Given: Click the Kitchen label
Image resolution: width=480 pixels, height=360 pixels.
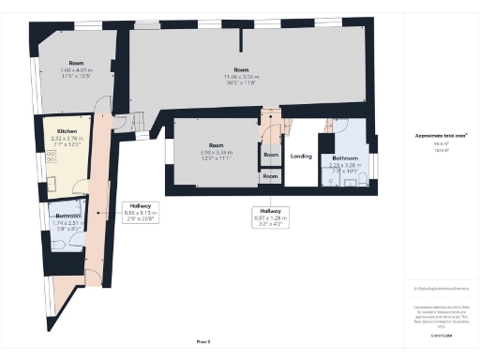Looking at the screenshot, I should [x=67, y=130].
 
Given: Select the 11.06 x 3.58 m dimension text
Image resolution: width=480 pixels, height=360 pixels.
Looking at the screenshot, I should [x=242, y=77].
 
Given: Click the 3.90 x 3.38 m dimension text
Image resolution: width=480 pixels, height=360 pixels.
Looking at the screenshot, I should [x=216, y=153].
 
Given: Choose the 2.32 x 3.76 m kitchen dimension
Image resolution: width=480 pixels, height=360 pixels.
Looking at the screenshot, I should [x=67, y=138].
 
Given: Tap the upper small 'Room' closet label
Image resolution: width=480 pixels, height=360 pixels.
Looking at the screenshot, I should [x=270, y=155].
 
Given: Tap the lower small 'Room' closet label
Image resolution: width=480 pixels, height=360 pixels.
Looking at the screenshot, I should [x=270, y=175].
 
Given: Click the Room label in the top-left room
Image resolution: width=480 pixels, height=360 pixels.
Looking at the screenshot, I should [x=77, y=63].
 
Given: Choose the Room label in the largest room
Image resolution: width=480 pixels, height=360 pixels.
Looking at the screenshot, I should [x=242, y=71].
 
